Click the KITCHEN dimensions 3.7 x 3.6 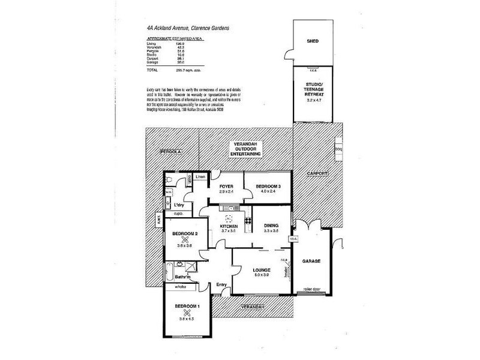[230, 231]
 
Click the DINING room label [272, 226]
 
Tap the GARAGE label [312, 262]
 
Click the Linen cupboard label [200, 177]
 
